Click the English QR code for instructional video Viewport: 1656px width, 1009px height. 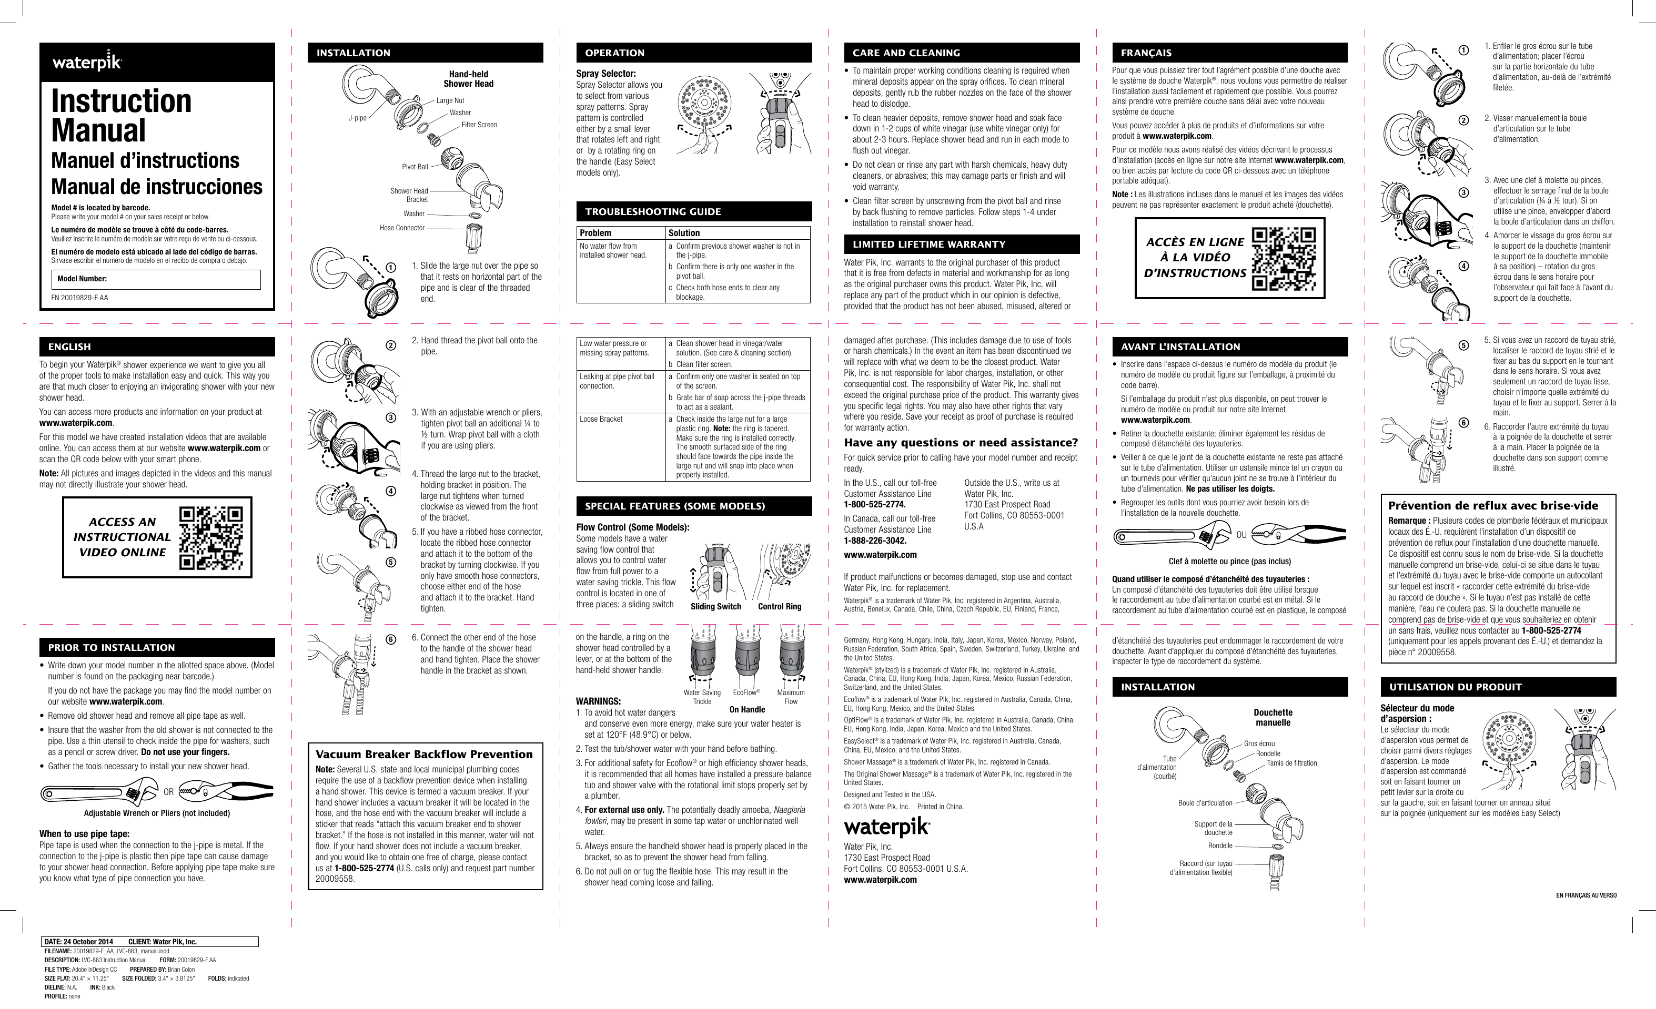pos(211,537)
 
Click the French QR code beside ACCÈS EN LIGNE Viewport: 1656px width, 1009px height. pos(1284,259)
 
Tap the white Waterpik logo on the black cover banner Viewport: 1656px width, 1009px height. pos(87,63)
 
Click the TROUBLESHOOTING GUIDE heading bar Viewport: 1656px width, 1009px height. pos(693,211)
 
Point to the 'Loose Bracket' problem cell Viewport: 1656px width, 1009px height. pos(601,419)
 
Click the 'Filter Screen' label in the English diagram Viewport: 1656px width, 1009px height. pos(479,125)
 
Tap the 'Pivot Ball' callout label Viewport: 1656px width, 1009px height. pos(415,167)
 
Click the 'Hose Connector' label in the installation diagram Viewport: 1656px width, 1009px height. pos(402,228)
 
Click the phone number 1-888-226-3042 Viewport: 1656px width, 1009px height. pos(874,541)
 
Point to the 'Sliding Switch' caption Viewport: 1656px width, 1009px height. pos(716,607)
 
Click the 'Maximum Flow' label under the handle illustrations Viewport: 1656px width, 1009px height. pos(790,697)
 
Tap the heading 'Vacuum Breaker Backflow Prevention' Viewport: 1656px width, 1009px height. pos(424,755)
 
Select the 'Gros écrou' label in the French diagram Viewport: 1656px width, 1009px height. pos(1259,743)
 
